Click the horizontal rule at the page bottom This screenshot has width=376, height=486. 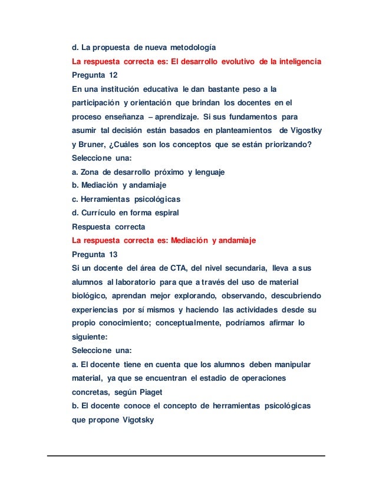(187, 455)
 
